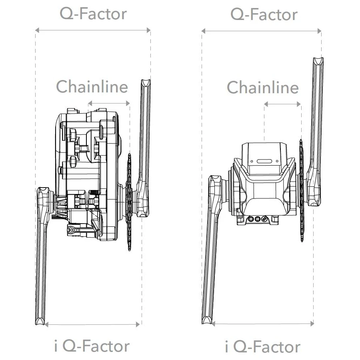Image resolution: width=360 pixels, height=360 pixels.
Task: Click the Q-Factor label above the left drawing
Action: (x=93, y=14)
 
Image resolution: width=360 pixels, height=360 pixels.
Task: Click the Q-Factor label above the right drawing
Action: (x=264, y=15)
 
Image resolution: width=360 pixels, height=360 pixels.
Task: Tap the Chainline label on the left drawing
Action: (x=92, y=86)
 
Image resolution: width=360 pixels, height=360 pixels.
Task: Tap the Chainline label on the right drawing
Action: (x=263, y=88)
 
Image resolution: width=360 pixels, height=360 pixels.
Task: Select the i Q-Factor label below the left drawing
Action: (x=92, y=346)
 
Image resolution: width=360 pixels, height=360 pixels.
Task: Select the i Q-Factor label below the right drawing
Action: (x=262, y=347)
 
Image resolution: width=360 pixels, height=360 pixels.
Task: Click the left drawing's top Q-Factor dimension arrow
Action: (x=93, y=30)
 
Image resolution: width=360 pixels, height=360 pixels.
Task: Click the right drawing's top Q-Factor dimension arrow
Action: (x=262, y=31)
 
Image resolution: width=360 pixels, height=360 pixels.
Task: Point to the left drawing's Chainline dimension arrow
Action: (x=109, y=103)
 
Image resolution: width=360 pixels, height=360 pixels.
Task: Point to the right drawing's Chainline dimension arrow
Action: (x=282, y=104)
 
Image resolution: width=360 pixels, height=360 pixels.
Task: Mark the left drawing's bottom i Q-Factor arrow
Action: (x=92, y=324)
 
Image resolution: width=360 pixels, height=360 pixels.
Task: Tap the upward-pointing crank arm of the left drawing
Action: (x=144, y=132)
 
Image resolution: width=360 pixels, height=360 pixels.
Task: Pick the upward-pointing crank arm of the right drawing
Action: (x=316, y=120)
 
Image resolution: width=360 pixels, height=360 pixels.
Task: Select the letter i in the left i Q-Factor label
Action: (x=56, y=346)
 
